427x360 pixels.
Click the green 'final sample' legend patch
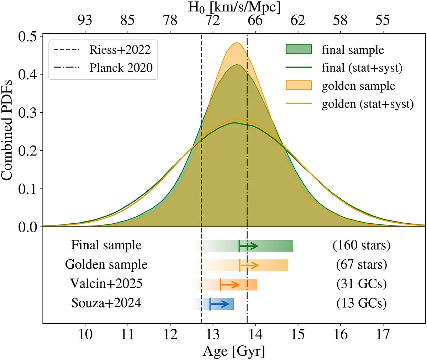(299, 49)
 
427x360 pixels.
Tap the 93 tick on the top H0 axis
(85, 20)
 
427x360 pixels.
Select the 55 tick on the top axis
(383, 20)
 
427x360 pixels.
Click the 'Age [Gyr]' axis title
(234, 352)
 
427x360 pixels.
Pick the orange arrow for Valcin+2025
(230, 285)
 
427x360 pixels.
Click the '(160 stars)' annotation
(361, 245)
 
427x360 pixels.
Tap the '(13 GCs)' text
(361, 303)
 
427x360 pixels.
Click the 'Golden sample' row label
(106, 265)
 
